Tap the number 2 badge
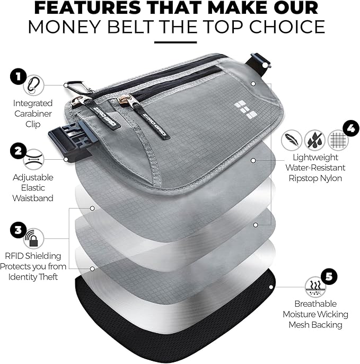tap(17, 150)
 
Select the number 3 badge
tap(17, 230)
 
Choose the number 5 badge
tap(329, 276)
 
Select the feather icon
tap(292, 139)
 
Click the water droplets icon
tap(315, 139)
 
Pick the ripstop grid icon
tap(338, 140)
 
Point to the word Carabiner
tap(32, 114)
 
